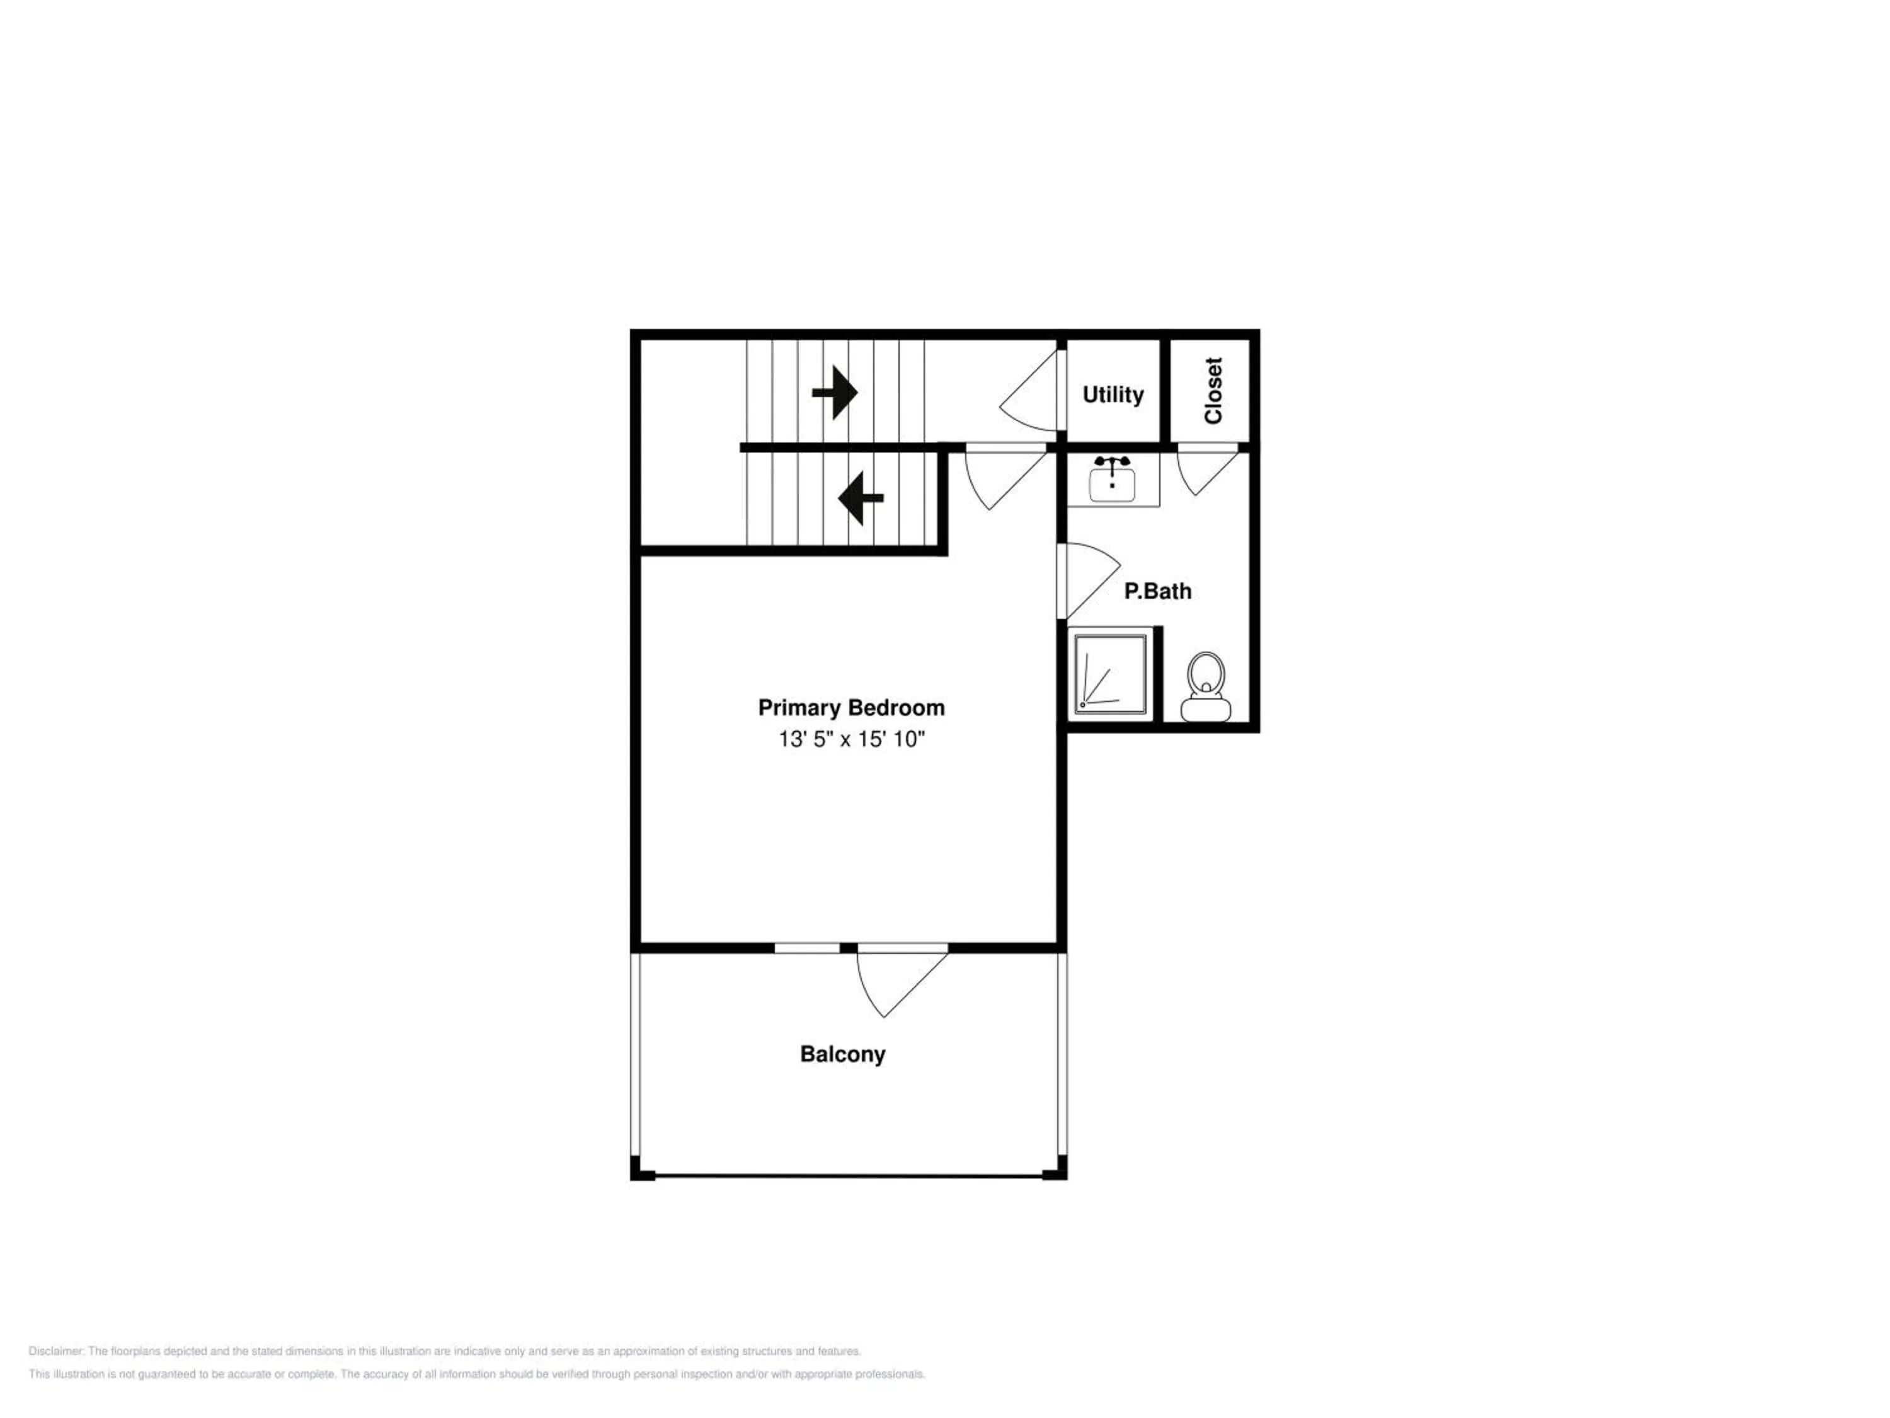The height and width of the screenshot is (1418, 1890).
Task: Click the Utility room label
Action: coord(1113,395)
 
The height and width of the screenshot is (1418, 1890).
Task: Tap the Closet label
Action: coord(1213,391)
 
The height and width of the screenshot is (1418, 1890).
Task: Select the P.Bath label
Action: coord(1158,591)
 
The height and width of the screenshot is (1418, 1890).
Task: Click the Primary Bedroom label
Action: coord(851,708)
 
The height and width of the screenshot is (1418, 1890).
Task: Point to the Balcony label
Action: coord(842,1054)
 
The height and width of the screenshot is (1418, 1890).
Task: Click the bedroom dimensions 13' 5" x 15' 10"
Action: coord(851,739)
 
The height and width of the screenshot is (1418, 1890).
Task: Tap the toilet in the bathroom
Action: coord(1206,686)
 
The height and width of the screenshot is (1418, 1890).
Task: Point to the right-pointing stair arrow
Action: coord(835,393)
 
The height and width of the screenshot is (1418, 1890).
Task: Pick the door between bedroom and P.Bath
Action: coord(1089,580)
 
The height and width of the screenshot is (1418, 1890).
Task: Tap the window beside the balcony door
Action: coord(806,948)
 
